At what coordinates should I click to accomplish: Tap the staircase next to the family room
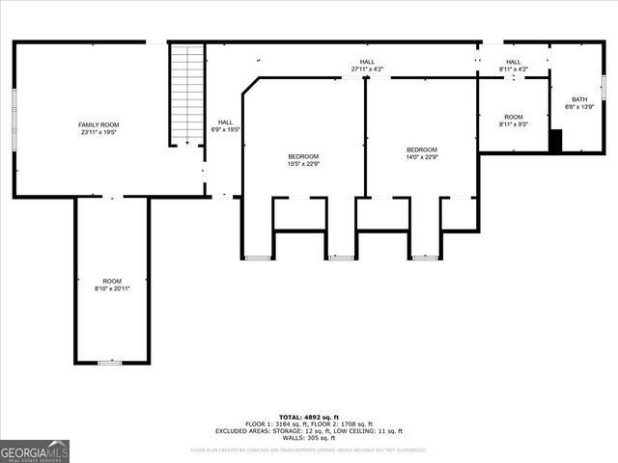click(x=187, y=94)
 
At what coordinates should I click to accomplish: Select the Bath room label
click(x=578, y=99)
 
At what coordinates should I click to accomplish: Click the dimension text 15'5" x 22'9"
click(x=302, y=164)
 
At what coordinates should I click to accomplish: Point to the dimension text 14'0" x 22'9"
click(x=421, y=157)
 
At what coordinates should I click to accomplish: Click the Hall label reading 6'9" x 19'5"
click(x=225, y=129)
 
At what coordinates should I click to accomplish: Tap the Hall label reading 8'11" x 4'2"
click(x=513, y=69)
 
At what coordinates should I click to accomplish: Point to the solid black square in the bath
click(x=555, y=141)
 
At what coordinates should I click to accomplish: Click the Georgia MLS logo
click(x=35, y=450)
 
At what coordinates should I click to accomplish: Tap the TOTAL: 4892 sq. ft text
click(x=309, y=417)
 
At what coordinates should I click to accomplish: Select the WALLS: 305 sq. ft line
click(x=309, y=438)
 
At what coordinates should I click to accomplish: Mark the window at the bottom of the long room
click(x=111, y=363)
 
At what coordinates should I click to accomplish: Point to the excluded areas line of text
click(x=309, y=431)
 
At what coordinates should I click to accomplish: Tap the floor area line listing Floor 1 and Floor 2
click(x=309, y=424)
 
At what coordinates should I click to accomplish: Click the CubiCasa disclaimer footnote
click(x=309, y=449)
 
